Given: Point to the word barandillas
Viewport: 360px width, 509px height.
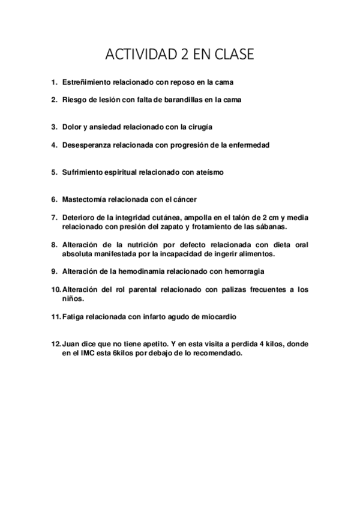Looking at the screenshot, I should [181, 100].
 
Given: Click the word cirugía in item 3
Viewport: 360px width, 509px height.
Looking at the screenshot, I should [198, 127].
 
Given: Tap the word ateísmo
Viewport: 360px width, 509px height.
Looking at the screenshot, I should [210, 172].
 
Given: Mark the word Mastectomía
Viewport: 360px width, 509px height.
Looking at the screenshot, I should [83, 199].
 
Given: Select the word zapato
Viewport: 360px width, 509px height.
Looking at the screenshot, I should [172, 226].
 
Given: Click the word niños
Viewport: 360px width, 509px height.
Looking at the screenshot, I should [73, 298].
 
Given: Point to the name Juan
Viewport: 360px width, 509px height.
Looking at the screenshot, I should [71, 344].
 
